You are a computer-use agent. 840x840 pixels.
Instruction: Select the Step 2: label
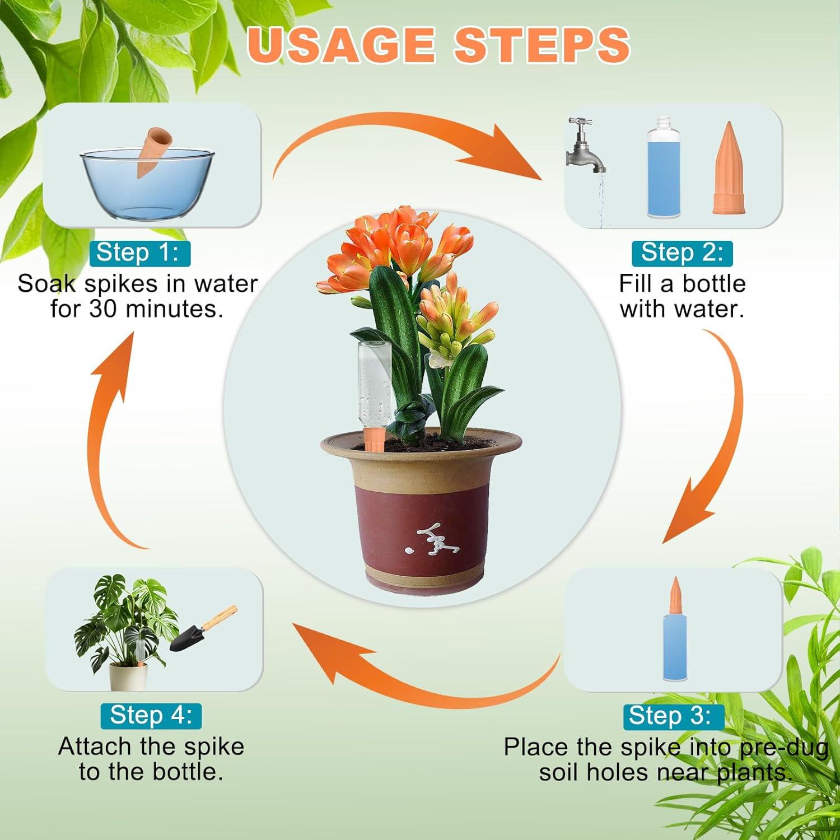point(682,253)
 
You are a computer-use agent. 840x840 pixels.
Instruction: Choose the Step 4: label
point(151,716)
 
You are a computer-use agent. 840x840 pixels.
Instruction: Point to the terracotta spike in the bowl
point(151,150)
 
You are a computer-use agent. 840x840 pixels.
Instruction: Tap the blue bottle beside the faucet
point(664,168)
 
